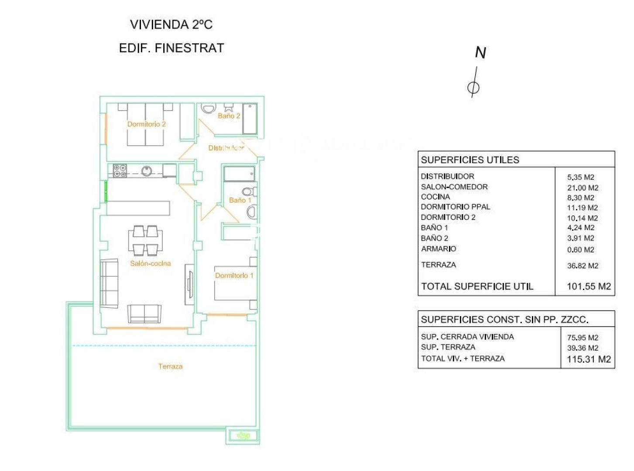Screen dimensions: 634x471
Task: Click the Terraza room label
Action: pyautogui.click(x=170, y=366)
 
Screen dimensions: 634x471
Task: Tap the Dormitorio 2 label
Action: pyautogui.click(x=146, y=124)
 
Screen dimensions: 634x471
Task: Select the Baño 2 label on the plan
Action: pyautogui.click(x=229, y=116)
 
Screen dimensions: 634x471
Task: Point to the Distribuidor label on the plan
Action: pyautogui.click(x=226, y=148)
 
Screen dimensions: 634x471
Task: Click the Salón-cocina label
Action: pyautogui.click(x=151, y=263)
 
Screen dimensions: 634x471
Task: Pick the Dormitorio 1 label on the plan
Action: pyautogui.click(x=234, y=275)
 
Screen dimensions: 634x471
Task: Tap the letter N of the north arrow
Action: pyautogui.click(x=480, y=53)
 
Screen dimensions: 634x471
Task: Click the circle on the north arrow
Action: pyautogui.click(x=473, y=87)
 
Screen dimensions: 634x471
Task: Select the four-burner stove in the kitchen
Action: pyautogui.click(x=120, y=171)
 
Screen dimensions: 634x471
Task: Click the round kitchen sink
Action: pyautogui.click(x=146, y=171)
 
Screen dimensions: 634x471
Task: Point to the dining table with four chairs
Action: pyautogui.click(x=145, y=240)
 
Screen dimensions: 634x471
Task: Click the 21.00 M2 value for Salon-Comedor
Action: pyautogui.click(x=583, y=188)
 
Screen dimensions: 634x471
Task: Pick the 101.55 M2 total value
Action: pyautogui.click(x=589, y=286)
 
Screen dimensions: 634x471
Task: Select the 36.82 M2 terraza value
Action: pyautogui.click(x=583, y=266)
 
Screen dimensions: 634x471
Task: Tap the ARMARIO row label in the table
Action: pyautogui.click(x=439, y=249)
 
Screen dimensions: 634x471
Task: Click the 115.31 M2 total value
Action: pyautogui.click(x=589, y=359)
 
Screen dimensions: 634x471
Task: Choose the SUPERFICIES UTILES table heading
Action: pyautogui.click(x=470, y=160)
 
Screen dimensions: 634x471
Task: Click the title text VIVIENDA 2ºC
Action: pyautogui.click(x=171, y=24)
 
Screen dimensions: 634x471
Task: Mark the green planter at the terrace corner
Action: pyautogui.click(x=243, y=435)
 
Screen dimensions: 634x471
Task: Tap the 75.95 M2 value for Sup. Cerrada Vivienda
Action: pyautogui.click(x=583, y=338)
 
